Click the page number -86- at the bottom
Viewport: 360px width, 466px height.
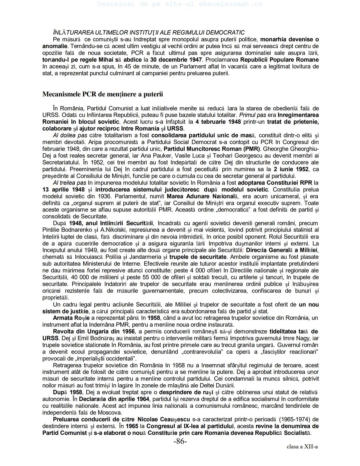180,441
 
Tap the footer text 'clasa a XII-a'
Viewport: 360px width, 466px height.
302,447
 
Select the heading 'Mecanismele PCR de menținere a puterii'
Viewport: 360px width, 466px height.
103,94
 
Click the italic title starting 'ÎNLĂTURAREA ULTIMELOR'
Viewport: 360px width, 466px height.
149,32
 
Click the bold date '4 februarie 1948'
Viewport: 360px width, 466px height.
218,122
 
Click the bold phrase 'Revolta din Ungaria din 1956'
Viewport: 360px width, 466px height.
94,332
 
